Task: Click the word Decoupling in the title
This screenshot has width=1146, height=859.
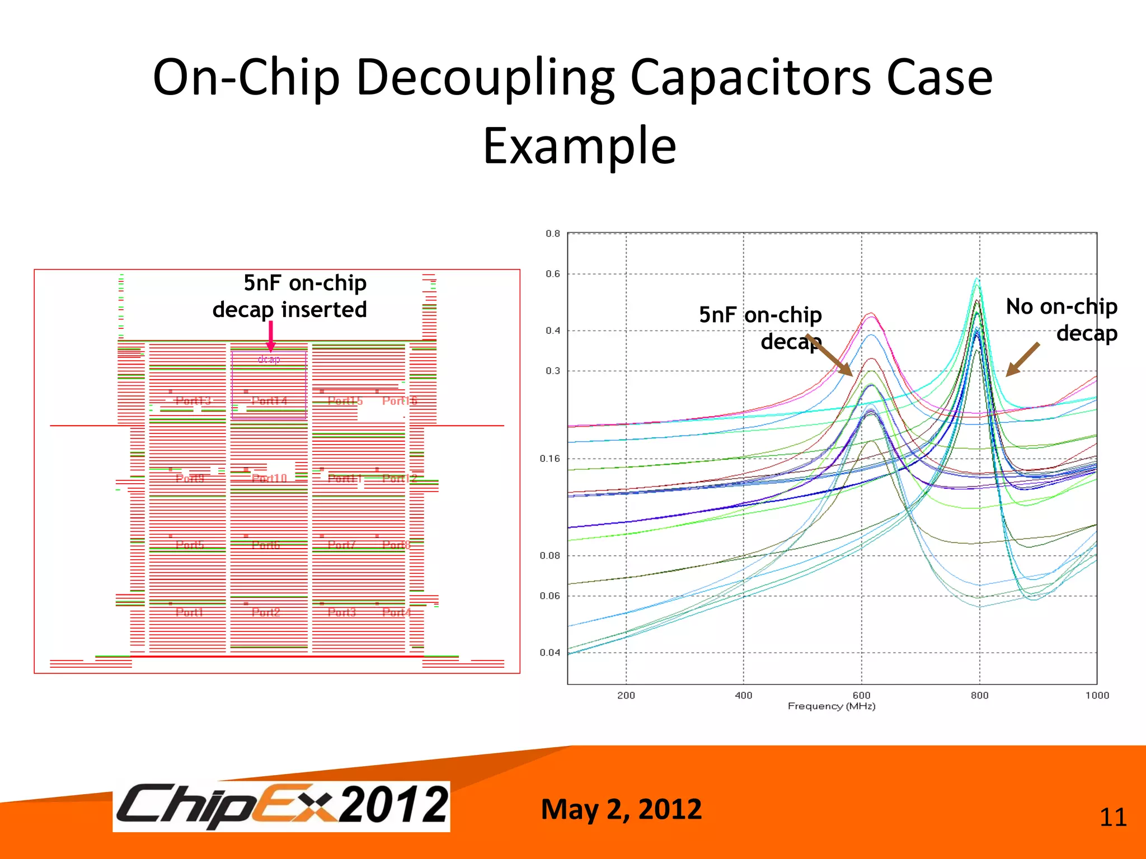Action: (485, 78)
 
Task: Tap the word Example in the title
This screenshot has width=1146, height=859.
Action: (580, 146)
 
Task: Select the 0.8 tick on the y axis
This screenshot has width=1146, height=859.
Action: (553, 234)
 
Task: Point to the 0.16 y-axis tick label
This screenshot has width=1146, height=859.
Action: (549, 459)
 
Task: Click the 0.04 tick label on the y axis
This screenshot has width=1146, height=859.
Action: (549, 653)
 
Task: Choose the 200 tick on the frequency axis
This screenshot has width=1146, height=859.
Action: (626, 695)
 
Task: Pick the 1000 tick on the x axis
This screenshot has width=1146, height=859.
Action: (1097, 695)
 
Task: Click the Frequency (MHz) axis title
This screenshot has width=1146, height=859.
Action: (832, 706)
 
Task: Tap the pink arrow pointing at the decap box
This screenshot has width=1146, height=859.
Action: (271, 336)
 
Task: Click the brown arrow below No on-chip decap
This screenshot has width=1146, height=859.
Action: (1022, 360)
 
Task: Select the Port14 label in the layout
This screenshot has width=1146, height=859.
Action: (269, 401)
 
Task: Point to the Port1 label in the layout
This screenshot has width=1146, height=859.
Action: (189, 612)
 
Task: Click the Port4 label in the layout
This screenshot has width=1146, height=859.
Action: (396, 612)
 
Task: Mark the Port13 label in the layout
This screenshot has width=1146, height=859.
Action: (193, 401)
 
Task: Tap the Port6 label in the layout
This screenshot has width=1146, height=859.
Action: (266, 545)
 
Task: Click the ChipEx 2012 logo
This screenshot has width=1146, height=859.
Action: (281, 806)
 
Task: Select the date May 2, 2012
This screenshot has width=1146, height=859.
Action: (621, 809)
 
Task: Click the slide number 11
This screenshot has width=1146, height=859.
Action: (1112, 818)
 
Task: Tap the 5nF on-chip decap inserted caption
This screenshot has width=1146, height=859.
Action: (290, 296)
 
